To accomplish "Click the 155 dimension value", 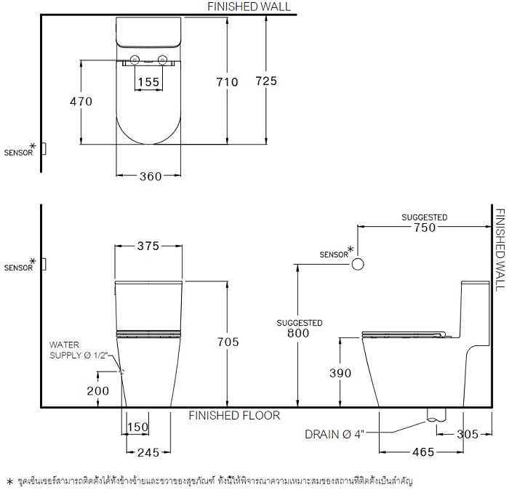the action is coord(148,81).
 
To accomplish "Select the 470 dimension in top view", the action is coord(81,102).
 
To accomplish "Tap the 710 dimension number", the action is coord(227,81).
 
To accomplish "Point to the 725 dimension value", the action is coord(266,81).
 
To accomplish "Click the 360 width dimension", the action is coord(151,176).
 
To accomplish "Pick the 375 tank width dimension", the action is coord(148,246).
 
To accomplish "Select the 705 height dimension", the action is coord(228,342).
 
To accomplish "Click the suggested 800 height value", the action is coord(298,333).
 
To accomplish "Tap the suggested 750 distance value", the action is coord(425,228).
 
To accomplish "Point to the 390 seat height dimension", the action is coord(340,373).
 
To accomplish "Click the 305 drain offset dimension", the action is coord(468,434).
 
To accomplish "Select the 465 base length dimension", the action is coord(423,451).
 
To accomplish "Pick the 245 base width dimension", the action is coord(148,452).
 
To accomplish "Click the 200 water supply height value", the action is coord(97,390).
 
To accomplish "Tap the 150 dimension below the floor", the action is coord(137,427).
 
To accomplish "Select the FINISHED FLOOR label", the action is coord(234,415).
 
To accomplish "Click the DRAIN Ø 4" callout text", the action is coord(334,434).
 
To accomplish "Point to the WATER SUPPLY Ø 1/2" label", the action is coord(79,350).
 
